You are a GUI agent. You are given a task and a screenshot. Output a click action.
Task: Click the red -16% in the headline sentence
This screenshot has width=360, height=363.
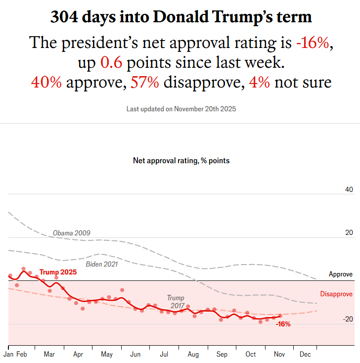coord(313,43)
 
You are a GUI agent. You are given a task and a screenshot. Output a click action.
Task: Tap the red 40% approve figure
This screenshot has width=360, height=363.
coord(46,82)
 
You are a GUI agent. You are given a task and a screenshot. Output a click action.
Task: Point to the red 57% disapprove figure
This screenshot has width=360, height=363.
coord(144,82)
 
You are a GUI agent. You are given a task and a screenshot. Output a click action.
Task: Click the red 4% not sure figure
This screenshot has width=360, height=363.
coord(259,82)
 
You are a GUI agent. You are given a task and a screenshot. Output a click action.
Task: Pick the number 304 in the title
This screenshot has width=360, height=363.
coord(67,18)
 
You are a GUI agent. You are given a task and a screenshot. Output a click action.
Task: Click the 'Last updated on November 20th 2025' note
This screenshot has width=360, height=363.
coord(181,108)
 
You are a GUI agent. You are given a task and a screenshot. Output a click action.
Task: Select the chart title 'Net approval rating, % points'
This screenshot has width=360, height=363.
coord(181,161)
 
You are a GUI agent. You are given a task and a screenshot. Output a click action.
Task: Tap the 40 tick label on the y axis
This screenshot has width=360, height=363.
coord(349,190)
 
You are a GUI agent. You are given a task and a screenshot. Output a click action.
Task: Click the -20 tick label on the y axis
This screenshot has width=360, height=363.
coord(348,319)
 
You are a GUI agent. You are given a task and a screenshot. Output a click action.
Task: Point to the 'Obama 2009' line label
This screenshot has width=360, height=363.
coord(72,233)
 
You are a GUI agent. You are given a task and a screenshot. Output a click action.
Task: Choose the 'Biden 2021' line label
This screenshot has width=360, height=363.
coord(102,264)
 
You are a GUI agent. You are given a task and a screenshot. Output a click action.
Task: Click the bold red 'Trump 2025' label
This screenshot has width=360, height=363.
coord(58,272)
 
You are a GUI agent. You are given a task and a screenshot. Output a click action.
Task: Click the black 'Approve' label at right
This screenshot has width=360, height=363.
coord(341,274)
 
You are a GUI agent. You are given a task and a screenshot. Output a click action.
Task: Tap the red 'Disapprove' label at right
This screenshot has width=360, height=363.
coord(336,294)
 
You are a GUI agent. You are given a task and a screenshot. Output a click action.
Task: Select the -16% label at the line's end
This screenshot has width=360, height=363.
coord(283,324)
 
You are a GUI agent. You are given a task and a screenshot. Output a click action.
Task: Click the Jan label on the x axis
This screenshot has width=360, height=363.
coord(8,355)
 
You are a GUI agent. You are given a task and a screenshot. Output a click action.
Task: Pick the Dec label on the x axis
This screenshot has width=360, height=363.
coord(305,355)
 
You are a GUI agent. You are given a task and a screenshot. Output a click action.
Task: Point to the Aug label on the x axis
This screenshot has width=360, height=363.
coord(193,355)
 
